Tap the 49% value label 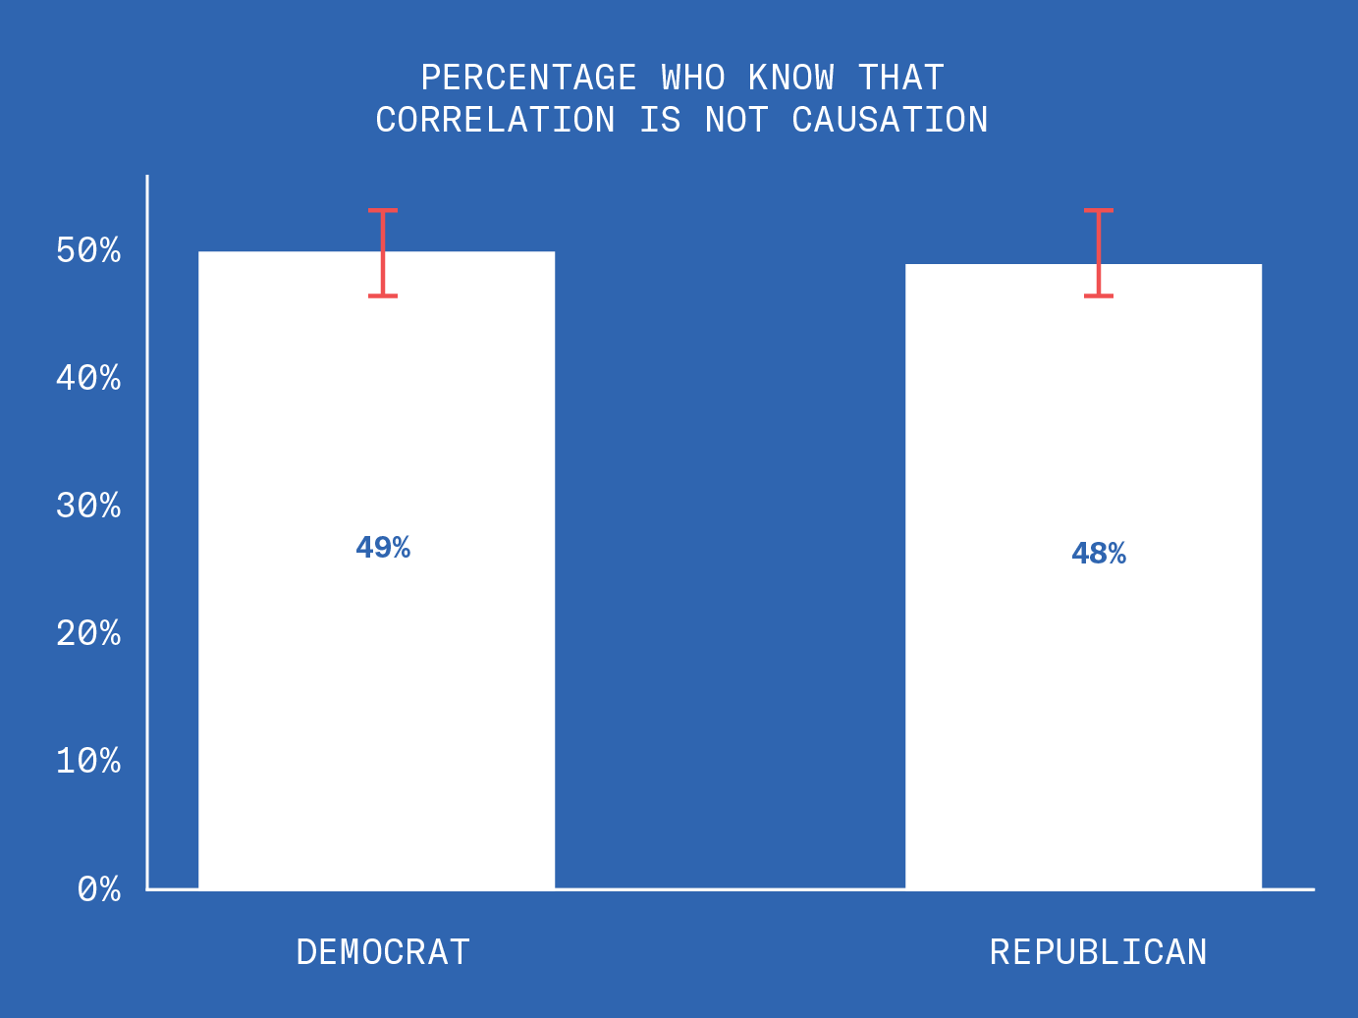pyautogui.click(x=383, y=548)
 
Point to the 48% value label pyautogui.click(x=1099, y=555)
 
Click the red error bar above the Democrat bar pyautogui.click(x=383, y=252)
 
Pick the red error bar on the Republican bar pyautogui.click(x=1099, y=252)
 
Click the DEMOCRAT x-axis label pyautogui.click(x=383, y=952)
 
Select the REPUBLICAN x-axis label pyautogui.click(x=1098, y=952)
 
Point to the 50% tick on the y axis pyautogui.click(x=88, y=250)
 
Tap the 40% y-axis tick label pyautogui.click(x=88, y=378)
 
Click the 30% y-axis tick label pyautogui.click(x=88, y=506)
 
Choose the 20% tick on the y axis pyautogui.click(x=88, y=633)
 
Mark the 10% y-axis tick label pyautogui.click(x=88, y=761)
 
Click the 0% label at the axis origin pyautogui.click(x=99, y=889)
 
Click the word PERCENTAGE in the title pyautogui.click(x=529, y=78)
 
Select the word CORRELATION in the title pyautogui.click(x=496, y=120)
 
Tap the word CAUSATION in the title pyautogui.click(x=890, y=120)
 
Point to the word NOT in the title pyautogui.click(x=736, y=120)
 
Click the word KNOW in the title pyautogui.click(x=791, y=78)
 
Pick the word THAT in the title pyautogui.click(x=900, y=78)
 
